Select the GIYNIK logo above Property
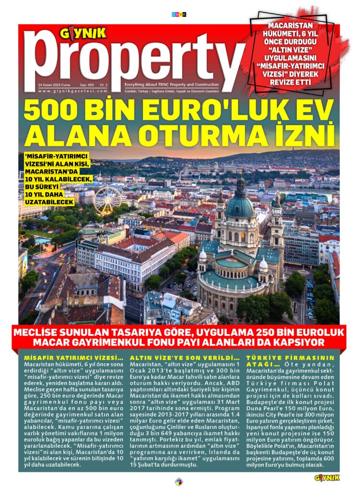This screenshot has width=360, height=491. click(82, 34)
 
